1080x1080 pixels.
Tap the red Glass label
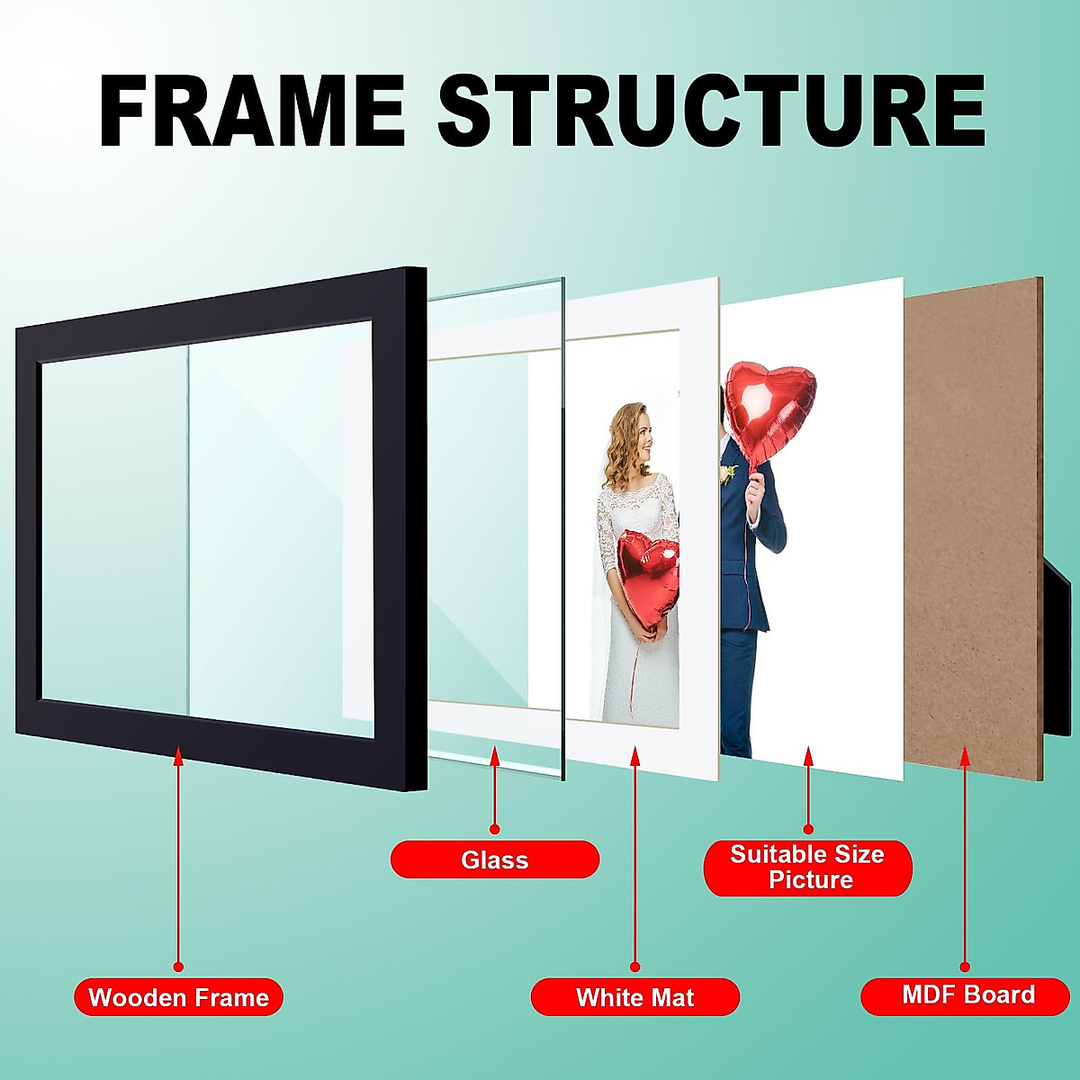pos(494,859)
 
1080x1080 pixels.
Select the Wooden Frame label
pos(178,997)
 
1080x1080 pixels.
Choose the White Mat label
pos(634,997)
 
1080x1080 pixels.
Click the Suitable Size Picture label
pos(807,867)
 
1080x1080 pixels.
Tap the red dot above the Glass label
pos(494,828)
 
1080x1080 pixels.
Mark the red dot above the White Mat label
pos(635,967)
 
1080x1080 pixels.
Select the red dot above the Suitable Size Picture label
pos(808,828)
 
